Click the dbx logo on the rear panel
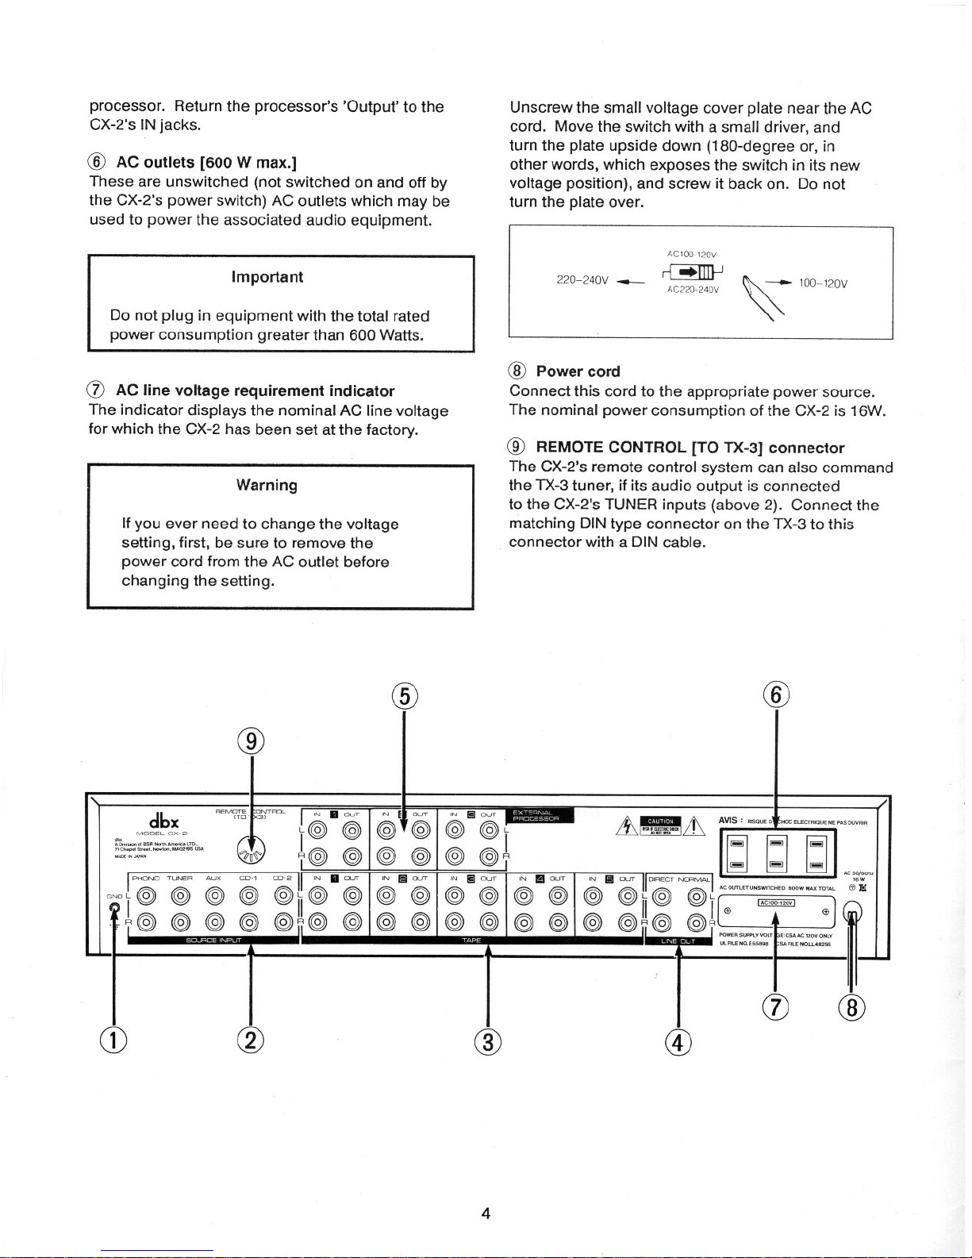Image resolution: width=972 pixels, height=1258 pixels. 163,820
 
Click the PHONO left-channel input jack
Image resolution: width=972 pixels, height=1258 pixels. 145,896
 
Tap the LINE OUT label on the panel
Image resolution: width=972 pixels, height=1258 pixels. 678,941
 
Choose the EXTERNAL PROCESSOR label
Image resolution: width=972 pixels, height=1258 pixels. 537,815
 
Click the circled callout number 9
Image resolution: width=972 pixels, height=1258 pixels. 251,741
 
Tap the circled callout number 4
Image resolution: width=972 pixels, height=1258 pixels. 678,1042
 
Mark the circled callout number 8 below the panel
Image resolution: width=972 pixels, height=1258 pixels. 851,1008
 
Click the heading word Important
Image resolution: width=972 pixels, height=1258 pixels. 267,277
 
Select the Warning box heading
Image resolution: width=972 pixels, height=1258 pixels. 267,485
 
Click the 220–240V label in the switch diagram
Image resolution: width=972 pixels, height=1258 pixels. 582,280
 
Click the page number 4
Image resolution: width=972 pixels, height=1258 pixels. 486,1213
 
